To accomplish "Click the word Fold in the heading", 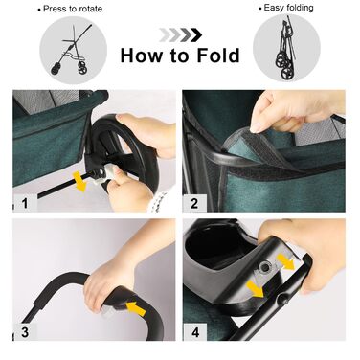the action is tap(218, 56).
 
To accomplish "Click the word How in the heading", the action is tap(142, 56).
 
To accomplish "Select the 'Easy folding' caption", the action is tap(286, 8).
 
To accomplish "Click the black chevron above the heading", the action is tap(197, 34).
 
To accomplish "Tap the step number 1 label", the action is tap(25, 203).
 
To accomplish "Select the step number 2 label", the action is tap(194, 203).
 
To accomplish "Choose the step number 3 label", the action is tap(25, 332).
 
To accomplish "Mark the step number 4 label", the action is tap(195, 332).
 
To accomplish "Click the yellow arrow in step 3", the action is tap(136, 308).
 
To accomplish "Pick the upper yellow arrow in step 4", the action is tap(285, 261).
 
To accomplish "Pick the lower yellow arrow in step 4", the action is tap(258, 288).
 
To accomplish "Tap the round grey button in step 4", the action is tap(264, 268).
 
